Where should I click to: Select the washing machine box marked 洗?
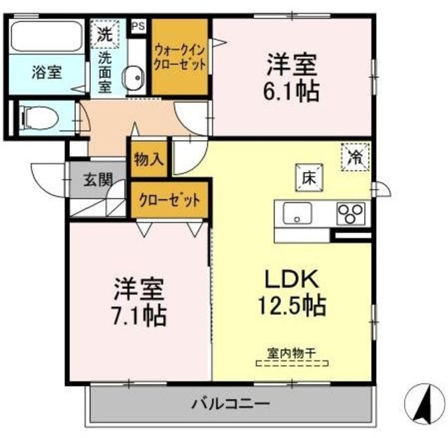click(104, 33)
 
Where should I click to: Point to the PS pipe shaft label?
click(138, 27)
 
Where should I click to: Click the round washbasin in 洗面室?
click(132, 76)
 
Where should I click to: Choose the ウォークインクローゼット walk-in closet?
click(180, 58)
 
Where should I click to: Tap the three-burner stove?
click(351, 213)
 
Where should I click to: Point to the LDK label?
click(290, 279)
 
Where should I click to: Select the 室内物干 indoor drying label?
click(292, 353)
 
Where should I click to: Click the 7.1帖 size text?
click(140, 316)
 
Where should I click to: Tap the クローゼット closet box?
click(170, 198)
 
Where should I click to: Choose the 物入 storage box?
click(148, 160)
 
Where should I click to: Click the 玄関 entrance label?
click(99, 179)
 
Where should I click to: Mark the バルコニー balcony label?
click(230, 404)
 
